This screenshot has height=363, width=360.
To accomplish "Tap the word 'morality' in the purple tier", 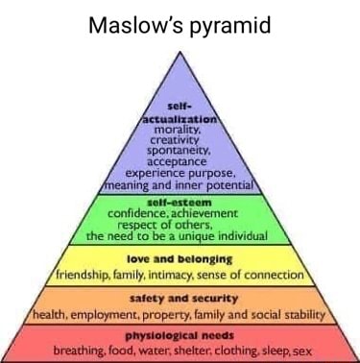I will tap(180, 129).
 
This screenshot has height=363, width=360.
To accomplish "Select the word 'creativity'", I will tap(180, 140).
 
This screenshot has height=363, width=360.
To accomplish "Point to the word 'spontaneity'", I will tap(180, 152).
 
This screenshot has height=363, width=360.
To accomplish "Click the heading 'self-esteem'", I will tap(180, 203).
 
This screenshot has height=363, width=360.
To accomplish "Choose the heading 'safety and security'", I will tap(180, 299).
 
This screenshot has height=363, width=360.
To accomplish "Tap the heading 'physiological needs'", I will tap(180, 335).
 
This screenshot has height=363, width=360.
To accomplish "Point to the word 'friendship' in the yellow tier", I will tap(82, 275).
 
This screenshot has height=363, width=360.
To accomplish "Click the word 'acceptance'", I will tap(180, 163).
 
